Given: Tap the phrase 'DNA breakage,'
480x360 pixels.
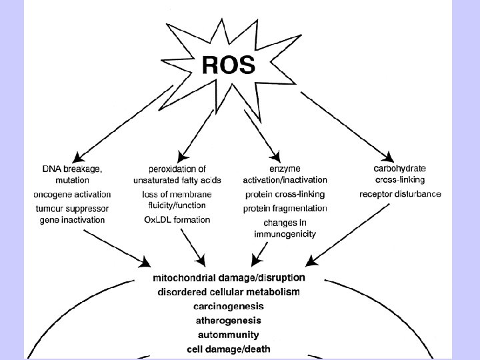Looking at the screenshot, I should point(72,169).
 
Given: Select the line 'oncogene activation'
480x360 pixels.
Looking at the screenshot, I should point(72,194).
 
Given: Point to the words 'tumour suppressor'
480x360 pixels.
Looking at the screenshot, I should point(72,207).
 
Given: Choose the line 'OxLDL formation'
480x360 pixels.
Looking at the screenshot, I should point(177,219).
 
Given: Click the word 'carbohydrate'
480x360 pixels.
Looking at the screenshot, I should point(399,169).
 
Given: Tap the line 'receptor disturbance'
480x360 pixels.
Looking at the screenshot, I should point(399,194).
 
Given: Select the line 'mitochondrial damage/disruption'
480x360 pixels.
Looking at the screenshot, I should point(229,278).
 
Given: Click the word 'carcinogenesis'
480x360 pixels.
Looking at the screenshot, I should point(229,306).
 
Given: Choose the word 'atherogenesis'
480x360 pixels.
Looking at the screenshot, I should point(229,320).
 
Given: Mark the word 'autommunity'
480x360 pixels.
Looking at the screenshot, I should point(229,334).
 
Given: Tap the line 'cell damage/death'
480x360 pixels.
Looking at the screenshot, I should point(229,348).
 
